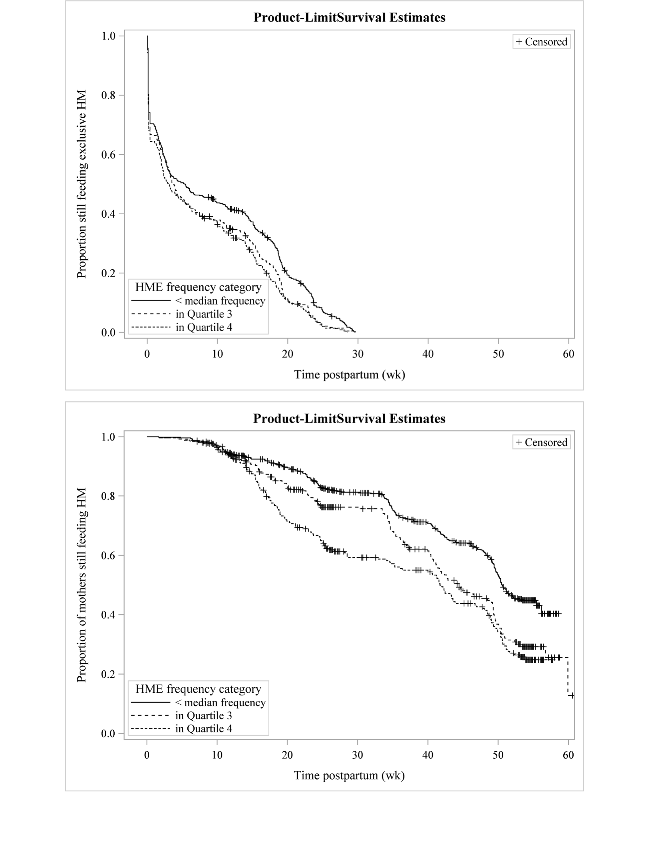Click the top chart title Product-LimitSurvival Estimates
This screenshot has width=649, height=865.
(349, 18)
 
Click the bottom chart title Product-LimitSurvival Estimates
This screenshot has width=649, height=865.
(349, 418)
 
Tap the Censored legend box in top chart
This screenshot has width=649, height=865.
(541, 42)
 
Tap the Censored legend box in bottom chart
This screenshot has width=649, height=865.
(541, 442)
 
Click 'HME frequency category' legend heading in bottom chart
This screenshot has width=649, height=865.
(198, 688)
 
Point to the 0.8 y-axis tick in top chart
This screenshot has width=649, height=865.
(108, 95)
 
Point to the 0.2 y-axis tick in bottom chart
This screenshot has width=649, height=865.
(108, 674)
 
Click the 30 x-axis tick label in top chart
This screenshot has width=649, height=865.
(357, 354)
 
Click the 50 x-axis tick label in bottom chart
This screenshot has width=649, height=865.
(498, 755)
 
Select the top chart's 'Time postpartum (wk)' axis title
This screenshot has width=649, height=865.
(349, 375)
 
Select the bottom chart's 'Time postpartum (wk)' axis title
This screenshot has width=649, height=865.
(349, 775)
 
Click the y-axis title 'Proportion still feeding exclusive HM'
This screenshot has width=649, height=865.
(82, 184)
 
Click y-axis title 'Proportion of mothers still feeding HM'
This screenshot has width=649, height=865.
(82, 585)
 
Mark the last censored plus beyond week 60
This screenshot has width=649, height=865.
(572, 695)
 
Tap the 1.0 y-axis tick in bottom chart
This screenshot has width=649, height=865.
(108, 437)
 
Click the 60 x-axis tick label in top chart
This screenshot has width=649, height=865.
(568, 354)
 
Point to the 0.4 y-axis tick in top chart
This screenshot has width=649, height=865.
(108, 214)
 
